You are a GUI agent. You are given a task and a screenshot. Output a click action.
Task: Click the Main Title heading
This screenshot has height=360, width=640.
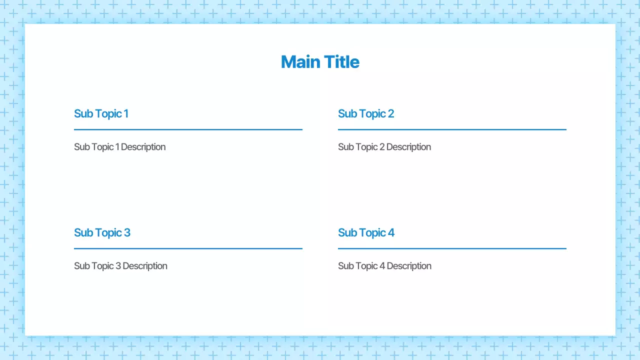click(x=320, y=62)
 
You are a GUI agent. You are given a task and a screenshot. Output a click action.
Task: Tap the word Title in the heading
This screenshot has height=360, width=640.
click(x=341, y=62)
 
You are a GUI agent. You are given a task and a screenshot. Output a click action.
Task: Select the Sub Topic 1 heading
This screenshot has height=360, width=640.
click(x=101, y=114)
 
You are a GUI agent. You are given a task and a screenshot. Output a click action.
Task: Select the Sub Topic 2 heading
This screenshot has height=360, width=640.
click(x=365, y=114)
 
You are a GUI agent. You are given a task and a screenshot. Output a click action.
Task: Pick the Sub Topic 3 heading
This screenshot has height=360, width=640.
click(x=102, y=233)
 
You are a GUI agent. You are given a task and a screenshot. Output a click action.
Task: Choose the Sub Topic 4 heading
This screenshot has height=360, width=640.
click(x=366, y=233)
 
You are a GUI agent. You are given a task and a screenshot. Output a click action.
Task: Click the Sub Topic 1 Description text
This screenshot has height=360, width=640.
click(x=119, y=147)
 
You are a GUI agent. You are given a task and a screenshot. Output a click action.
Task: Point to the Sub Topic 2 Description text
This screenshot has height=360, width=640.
click(x=384, y=147)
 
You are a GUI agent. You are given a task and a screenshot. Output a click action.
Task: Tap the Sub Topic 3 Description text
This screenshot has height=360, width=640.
click(x=120, y=266)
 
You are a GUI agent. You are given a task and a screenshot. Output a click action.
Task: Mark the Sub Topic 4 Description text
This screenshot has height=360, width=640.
click(x=384, y=266)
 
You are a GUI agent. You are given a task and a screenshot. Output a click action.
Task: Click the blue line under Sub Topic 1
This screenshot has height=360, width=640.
click(x=188, y=129)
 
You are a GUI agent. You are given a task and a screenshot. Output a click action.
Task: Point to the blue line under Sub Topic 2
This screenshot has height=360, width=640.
click(x=452, y=129)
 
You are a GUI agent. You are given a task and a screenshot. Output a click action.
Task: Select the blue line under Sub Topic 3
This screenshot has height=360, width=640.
click(x=188, y=248)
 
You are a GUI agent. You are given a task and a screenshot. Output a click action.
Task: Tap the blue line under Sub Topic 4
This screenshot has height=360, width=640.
click(x=452, y=248)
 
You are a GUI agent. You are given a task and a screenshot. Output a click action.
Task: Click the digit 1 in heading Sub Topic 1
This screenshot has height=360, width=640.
click(x=126, y=114)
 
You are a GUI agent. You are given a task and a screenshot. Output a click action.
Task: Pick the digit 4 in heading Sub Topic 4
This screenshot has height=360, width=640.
click(x=391, y=233)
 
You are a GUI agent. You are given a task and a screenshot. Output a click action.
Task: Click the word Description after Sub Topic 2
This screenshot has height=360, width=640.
click(x=408, y=147)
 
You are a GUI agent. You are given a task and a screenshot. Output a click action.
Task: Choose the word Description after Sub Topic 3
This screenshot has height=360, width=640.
click(x=145, y=266)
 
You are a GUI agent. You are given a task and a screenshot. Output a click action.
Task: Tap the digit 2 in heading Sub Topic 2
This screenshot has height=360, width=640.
click(x=390, y=114)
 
